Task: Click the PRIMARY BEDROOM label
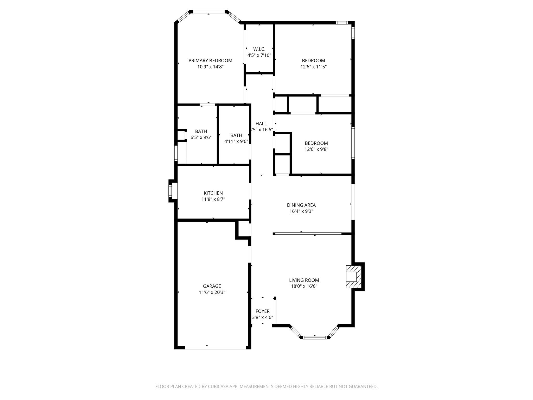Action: pos(210,60)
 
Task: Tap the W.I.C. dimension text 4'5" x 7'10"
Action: pos(259,55)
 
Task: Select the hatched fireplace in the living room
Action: pos(354,277)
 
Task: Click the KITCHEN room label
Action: pos(213,193)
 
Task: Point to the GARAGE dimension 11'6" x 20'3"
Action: pos(212,292)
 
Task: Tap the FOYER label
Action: pos(262,311)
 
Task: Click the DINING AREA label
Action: pos(301,205)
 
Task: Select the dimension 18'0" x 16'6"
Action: pos(304,286)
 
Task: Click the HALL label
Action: pos(261,124)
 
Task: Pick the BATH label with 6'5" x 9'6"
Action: pos(201,131)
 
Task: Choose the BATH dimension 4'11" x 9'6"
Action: pos(236,141)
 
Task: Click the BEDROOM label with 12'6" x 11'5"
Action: pos(313,60)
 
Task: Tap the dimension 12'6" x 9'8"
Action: pos(316,149)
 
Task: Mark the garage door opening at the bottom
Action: pos(215,347)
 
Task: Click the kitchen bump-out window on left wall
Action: pos(170,191)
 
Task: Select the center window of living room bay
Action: pos(315,337)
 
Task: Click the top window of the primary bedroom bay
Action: pos(209,12)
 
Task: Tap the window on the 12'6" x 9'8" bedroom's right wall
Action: pos(353,143)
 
